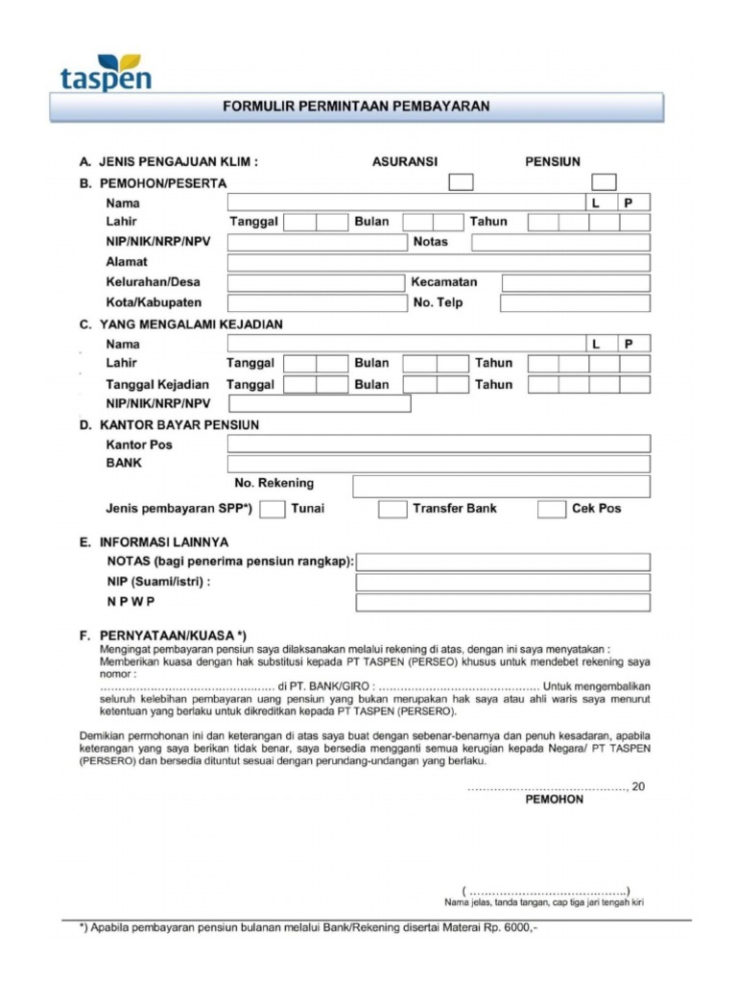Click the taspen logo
point(106,72)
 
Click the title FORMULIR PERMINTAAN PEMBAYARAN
point(356,107)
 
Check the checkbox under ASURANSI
point(462,181)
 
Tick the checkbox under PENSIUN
point(604,181)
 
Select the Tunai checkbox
point(273,509)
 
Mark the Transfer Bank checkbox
point(392,509)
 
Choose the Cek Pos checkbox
point(552,509)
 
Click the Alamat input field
point(439,262)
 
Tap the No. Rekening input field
point(501,487)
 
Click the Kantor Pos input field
point(439,444)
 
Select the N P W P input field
point(502,603)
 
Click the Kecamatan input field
point(576,283)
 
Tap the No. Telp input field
point(575,303)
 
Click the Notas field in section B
point(560,242)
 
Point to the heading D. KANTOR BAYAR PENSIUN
point(169,424)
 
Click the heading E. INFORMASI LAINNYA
point(154,542)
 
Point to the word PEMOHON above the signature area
point(554,800)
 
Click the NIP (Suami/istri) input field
point(502,583)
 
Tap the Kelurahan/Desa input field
point(316,283)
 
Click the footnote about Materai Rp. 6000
point(307,929)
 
